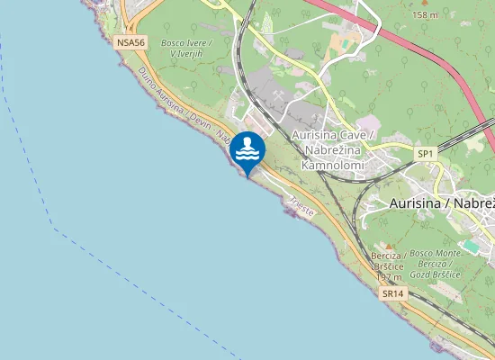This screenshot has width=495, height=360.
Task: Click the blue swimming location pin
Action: tap(247, 150)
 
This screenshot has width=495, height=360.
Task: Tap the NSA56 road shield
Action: tap(129, 42)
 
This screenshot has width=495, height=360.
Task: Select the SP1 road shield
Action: tap(426, 155)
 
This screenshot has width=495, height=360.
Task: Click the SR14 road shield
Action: tap(391, 293)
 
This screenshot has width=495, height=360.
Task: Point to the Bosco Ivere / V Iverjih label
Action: tap(185, 49)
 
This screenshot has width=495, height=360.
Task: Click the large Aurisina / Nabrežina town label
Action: tap(442, 204)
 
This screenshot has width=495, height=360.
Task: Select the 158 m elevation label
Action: tap(425, 15)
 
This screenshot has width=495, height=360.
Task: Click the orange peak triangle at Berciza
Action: tap(389, 246)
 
